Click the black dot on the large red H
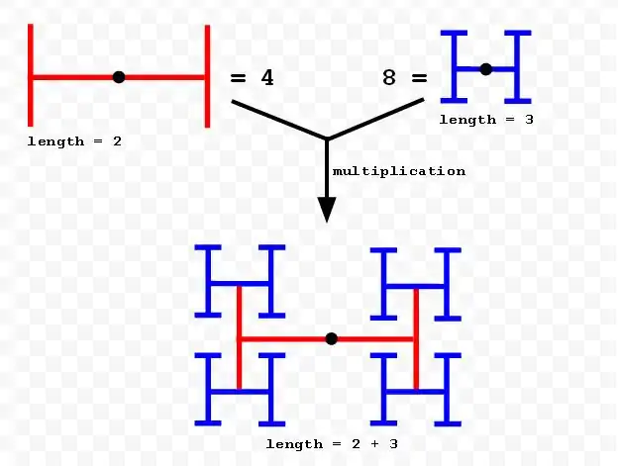(119, 76)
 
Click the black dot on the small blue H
(485, 68)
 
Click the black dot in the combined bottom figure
(331, 338)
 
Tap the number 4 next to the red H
(265, 77)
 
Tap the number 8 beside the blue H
(389, 77)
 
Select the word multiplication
(398, 171)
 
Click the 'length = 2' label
(74, 141)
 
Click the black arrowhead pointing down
(327, 210)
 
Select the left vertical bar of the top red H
(31, 76)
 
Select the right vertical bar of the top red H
(207, 76)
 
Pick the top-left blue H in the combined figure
(240, 282)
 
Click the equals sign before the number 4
(238, 77)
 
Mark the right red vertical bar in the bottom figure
(415, 338)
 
